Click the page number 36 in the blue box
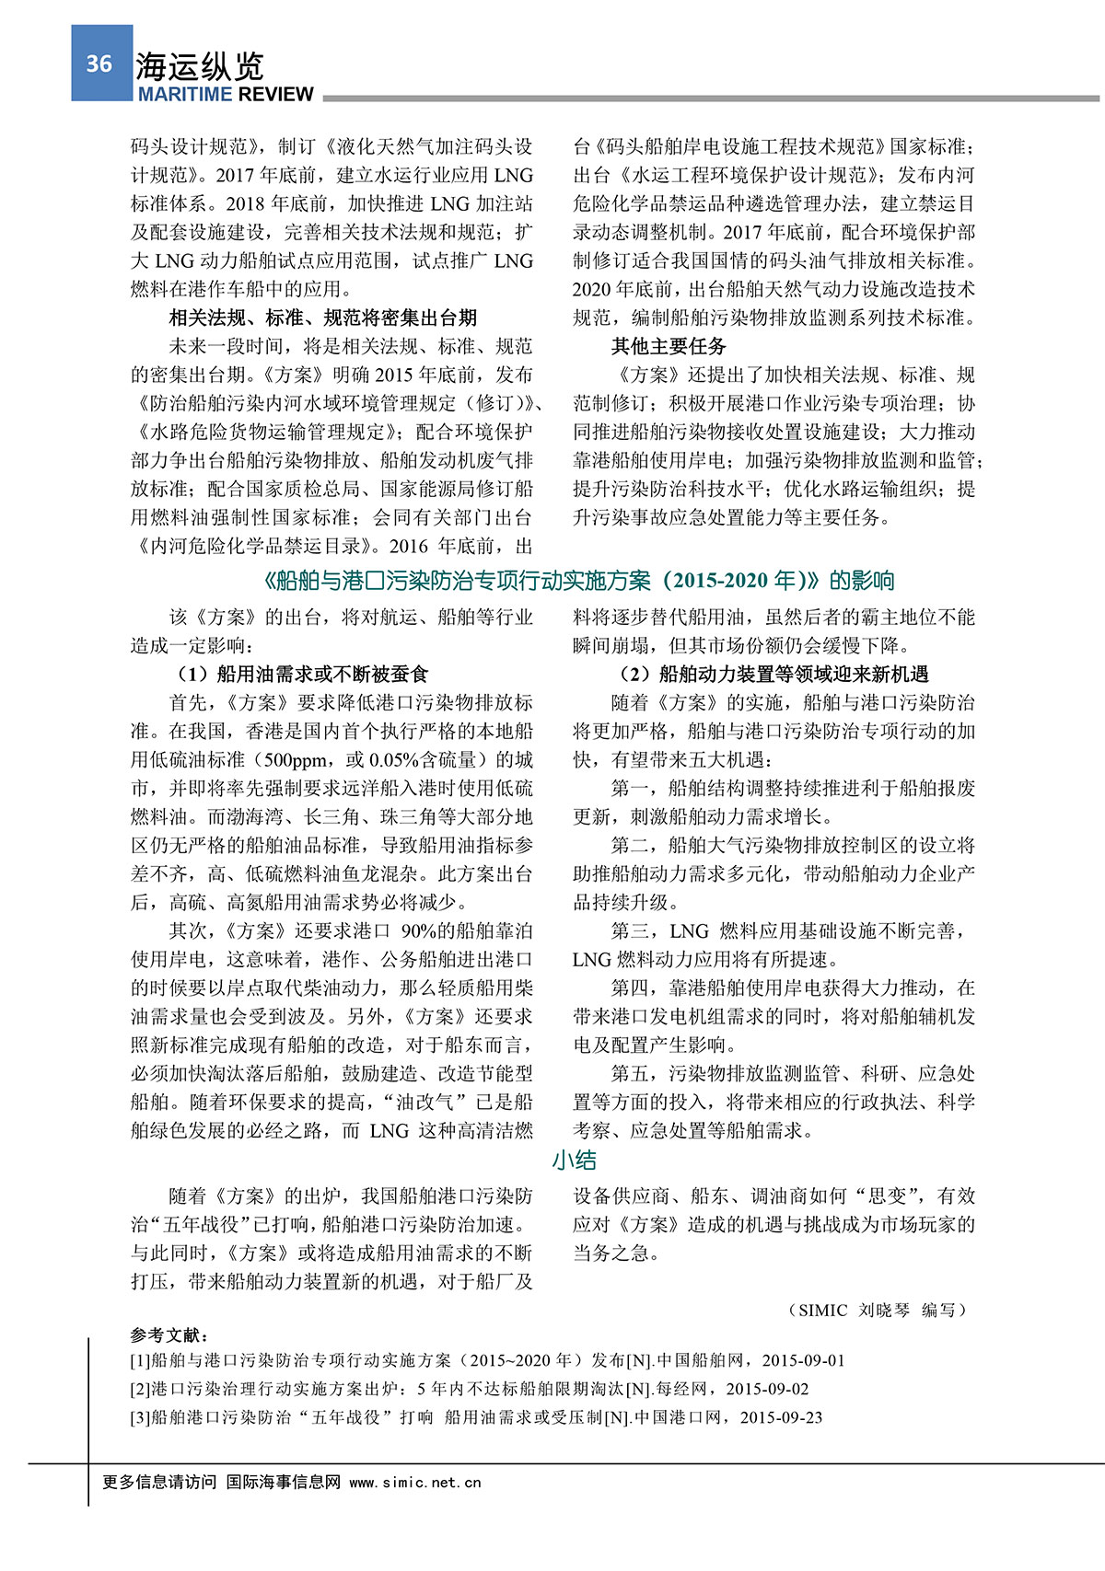click(x=99, y=63)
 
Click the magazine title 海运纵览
click(x=200, y=66)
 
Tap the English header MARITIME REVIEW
click(x=226, y=94)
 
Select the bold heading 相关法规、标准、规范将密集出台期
click(x=322, y=318)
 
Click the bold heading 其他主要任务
click(x=669, y=346)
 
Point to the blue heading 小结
click(x=575, y=1161)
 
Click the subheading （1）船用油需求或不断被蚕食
click(x=303, y=674)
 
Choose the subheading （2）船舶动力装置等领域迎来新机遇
click(x=773, y=674)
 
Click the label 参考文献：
click(x=169, y=1334)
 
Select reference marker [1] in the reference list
click(x=140, y=1360)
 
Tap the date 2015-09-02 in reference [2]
click(x=767, y=1389)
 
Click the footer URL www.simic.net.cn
click(x=415, y=1482)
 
